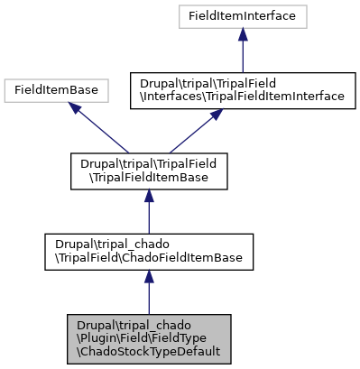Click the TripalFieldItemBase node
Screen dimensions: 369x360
pos(148,171)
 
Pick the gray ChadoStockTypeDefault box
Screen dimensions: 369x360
pos(148,340)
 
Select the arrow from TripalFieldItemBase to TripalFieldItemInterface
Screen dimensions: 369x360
pos(193,130)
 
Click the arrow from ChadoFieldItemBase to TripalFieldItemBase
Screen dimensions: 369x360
pos(148,212)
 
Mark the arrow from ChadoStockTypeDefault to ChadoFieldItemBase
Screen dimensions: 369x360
pos(148,293)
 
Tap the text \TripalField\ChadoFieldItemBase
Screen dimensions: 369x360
pos(148,259)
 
